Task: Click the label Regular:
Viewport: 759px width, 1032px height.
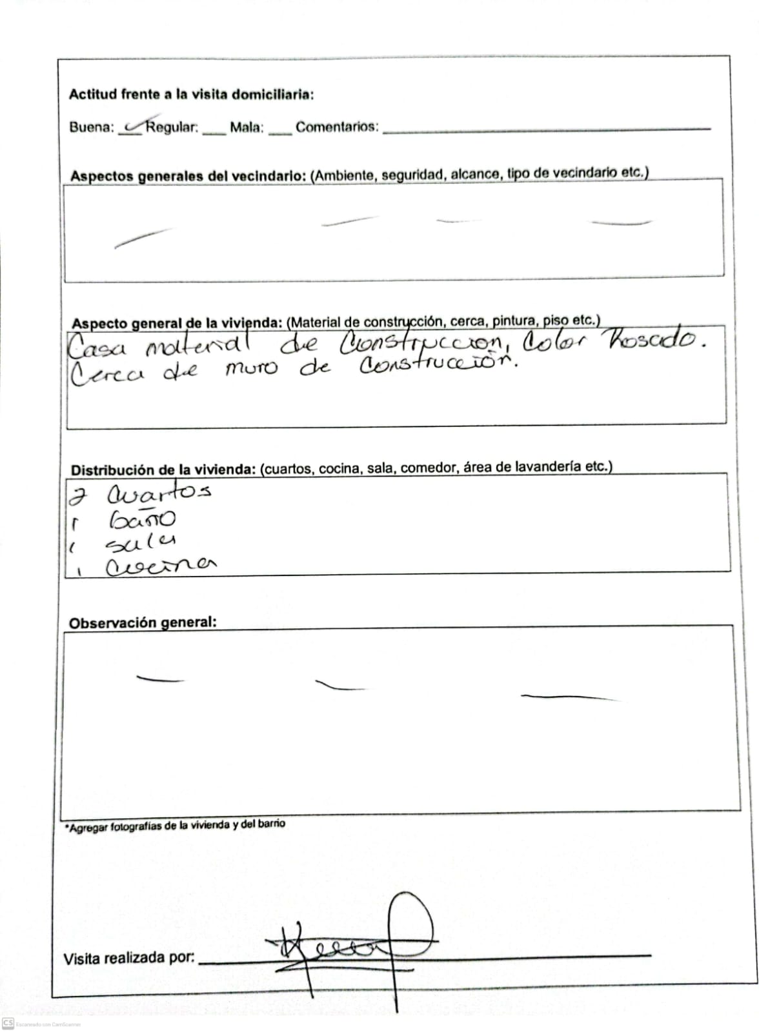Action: (172, 127)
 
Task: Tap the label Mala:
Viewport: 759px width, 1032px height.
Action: (247, 127)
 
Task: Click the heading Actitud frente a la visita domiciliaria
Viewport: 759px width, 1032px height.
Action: (191, 94)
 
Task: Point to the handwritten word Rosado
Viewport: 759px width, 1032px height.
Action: (652, 340)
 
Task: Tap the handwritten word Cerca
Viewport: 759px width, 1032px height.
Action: (106, 374)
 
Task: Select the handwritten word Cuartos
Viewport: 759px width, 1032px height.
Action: (159, 494)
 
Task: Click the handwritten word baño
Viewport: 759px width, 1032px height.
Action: (142, 520)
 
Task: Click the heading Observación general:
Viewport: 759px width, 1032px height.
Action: (143, 622)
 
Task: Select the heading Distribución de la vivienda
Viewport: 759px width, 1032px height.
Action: (163, 470)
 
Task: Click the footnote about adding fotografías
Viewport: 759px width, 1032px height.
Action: (175, 825)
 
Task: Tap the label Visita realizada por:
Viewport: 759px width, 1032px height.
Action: (128, 958)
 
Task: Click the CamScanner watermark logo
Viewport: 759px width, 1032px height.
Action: (8, 1023)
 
